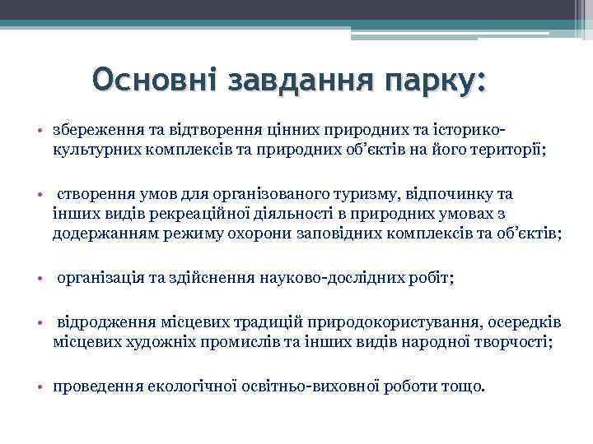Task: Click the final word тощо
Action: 464,386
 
